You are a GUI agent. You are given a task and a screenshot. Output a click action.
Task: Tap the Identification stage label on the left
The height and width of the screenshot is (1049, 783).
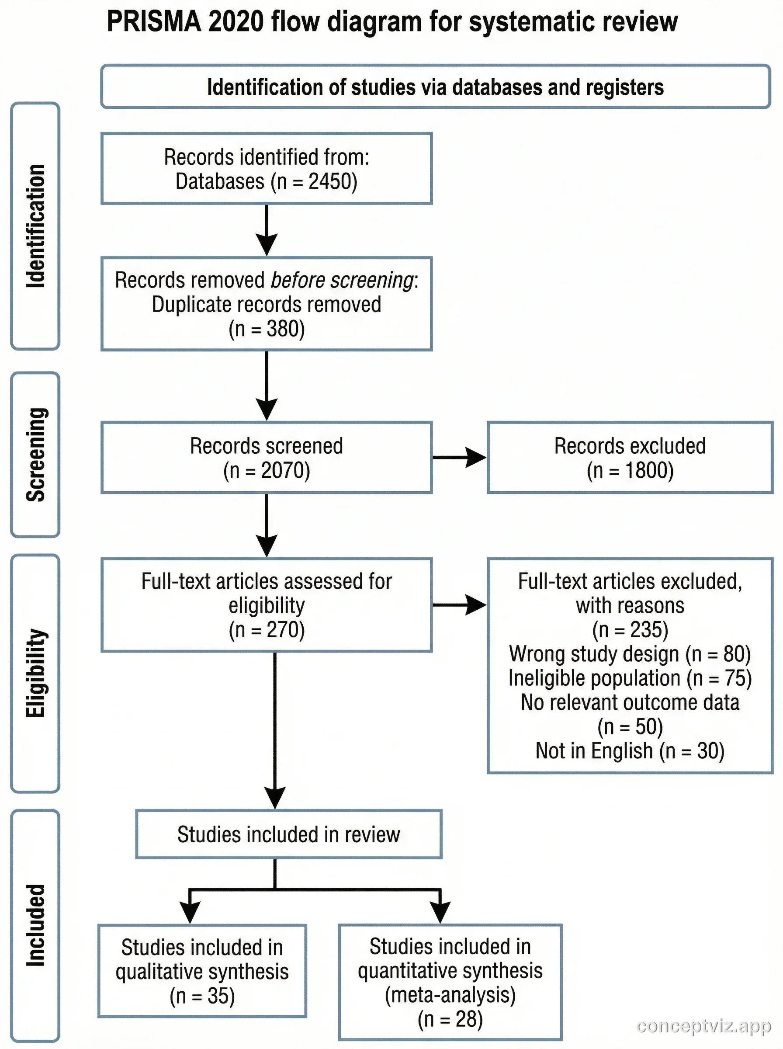click(x=35, y=226)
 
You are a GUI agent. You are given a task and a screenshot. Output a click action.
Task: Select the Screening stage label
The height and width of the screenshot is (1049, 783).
click(x=35, y=455)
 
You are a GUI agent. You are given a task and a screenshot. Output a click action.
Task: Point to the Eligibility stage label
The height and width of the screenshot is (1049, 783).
click(x=35, y=673)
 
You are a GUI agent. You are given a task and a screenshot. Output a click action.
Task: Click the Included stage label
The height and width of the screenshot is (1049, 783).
click(x=35, y=925)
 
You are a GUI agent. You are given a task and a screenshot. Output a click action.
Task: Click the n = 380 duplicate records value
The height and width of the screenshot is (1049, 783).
click(x=267, y=329)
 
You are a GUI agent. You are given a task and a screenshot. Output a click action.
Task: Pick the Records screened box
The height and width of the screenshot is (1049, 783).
click(x=267, y=458)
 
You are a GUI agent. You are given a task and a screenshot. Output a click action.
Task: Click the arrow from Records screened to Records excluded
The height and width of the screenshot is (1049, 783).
click(x=459, y=458)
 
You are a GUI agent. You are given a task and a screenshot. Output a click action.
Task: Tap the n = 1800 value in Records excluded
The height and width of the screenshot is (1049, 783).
click(x=630, y=471)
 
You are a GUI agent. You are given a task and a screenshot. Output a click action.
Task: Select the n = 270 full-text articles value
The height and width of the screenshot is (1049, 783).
click(x=267, y=630)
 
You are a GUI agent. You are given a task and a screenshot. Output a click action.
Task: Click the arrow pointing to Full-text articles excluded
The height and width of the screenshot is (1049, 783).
click(x=459, y=605)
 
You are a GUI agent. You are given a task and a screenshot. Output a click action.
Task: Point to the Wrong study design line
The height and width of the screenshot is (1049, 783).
click(x=630, y=654)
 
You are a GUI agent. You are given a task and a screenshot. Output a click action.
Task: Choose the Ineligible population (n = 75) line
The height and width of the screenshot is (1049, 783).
click(x=630, y=678)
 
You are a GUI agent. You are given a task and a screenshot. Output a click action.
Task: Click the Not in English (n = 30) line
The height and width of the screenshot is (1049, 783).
click(x=630, y=751)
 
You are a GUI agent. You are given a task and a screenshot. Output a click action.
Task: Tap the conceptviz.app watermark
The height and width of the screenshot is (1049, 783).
click(x=703, y=1026)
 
